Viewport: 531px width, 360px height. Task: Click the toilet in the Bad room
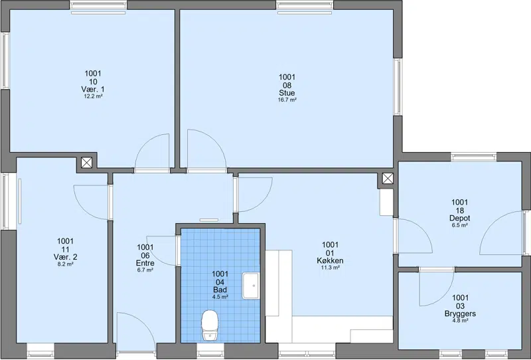210,325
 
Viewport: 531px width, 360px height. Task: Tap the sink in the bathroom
251,286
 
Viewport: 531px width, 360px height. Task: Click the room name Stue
287,93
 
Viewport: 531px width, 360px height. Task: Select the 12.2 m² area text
93,96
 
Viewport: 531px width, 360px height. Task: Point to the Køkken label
330,260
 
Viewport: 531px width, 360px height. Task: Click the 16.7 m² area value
287,100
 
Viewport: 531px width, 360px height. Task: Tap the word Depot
459,219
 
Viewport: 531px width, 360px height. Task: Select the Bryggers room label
460,314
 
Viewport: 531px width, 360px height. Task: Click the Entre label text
145,263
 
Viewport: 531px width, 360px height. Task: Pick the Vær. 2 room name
65,257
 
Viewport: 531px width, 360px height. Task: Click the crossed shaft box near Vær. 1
86,163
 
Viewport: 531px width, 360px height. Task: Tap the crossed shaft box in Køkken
388,178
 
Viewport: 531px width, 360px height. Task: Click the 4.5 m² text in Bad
220,297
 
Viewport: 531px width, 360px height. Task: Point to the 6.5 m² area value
459,225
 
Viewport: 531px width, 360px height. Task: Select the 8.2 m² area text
65,264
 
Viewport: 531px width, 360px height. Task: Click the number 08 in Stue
287,85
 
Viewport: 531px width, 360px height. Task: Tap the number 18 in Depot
459,211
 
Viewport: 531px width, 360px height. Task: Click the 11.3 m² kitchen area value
330,268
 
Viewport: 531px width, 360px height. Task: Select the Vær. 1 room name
93,89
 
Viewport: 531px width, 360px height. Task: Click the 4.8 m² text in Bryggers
460,320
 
